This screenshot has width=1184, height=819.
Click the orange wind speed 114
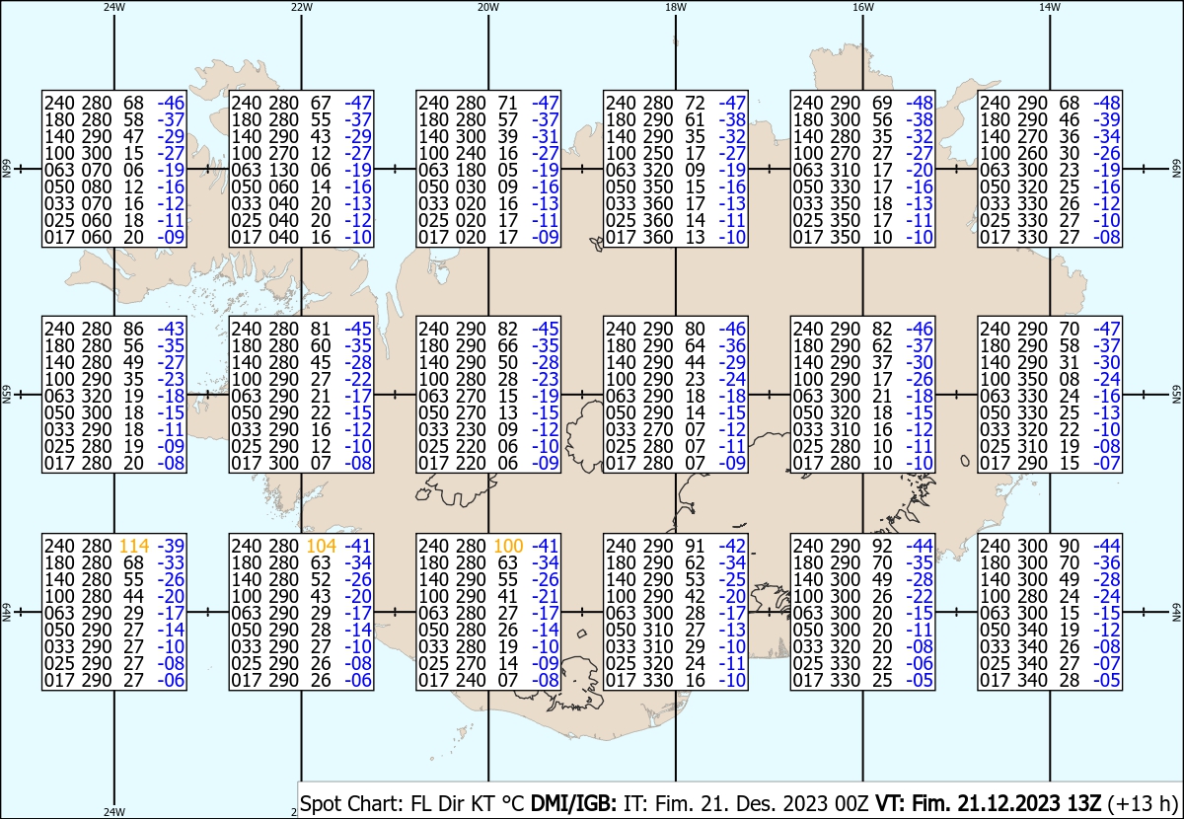tap(134, 546)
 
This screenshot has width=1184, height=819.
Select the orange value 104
tap(322, 546)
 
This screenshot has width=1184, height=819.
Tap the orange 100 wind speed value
tap(508, 546)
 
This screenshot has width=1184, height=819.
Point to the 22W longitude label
tap(301, 7)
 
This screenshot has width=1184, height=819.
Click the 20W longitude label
tap(488, 7)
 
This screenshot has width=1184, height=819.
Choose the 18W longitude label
tap(676, 7)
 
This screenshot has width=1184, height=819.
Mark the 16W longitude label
tap(862, 7)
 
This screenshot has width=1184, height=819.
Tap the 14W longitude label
tap(1050, 7)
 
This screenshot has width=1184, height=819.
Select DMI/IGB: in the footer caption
tap(573, 803)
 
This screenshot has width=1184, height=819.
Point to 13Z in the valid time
tap(1083, 803)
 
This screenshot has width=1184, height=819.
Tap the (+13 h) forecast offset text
tap(1143, 803)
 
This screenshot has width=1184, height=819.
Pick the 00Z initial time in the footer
tap(852, 803)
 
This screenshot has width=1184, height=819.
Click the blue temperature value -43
tap(171, 329)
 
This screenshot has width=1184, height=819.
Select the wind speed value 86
tap(133, 329)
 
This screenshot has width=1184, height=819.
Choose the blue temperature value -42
tap(732, 546)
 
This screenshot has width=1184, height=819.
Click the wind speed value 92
tap(882, 546)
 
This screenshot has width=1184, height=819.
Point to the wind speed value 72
tap(695, 103)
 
